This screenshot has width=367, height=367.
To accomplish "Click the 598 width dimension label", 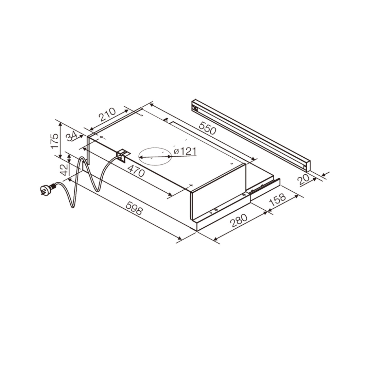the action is [x=134, y=208].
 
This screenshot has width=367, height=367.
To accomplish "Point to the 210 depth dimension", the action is [x=107, y=115].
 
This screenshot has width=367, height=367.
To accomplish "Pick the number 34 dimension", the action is [x=72, y=136].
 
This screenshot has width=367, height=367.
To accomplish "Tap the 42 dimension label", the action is [x=64, y=170].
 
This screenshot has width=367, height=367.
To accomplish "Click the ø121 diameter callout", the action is [x=185, y=152].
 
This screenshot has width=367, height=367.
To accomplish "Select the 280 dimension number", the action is [x=239, y=220].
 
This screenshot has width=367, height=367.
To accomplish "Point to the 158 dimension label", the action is [x=277, y=200].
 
